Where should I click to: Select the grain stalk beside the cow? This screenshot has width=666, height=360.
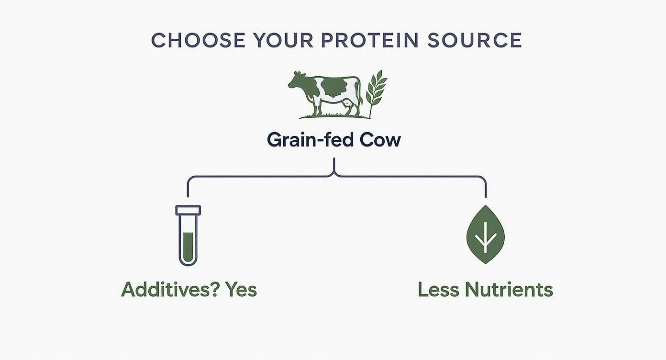[x=376, y=93]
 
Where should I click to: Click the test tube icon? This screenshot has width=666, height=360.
[x=188, y=236]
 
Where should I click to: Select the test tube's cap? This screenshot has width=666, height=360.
[x=188, y=210]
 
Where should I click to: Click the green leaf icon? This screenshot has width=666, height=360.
[x=485, y=235]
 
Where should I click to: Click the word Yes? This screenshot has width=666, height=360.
[x=241, y=290]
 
